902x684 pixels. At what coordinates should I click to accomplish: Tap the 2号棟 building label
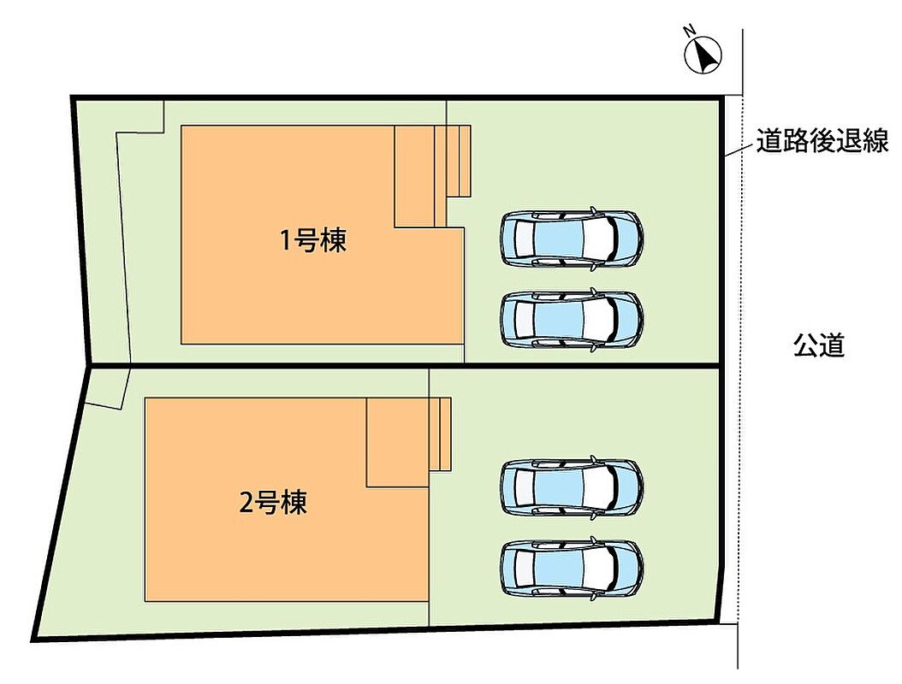point(273,502)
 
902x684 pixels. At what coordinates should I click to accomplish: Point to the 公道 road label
point(819,346)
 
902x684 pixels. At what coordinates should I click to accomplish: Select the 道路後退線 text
point(822,141)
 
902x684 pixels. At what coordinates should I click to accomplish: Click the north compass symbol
point(703,55)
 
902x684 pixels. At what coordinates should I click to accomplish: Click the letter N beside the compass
point(689,31)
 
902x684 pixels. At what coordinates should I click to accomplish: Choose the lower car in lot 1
point(571,320)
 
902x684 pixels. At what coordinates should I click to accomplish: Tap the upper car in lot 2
point(571,486)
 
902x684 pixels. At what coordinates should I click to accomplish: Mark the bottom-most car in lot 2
point(571,568)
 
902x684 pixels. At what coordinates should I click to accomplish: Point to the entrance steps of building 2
point(440,434)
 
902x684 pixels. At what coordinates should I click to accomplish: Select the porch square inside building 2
point(398,442)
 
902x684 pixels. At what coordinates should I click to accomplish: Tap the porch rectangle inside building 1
point(414,176)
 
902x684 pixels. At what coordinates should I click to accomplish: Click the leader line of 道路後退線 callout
point(738,150)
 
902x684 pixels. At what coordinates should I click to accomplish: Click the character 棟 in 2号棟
point(294,502)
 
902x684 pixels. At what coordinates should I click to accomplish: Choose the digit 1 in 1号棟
point(285,240)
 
